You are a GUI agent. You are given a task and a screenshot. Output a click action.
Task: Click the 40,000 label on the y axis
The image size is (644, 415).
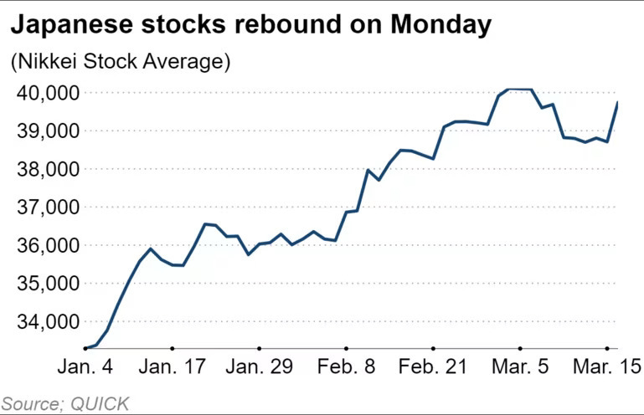coord(44,93)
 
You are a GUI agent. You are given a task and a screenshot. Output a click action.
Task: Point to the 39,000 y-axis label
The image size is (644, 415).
coord(44,131)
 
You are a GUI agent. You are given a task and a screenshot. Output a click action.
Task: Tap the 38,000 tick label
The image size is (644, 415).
coord(44,169)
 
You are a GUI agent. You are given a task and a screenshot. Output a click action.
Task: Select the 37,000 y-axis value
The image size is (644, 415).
coord(44,207)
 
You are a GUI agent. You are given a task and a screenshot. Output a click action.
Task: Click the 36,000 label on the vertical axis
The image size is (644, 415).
coord(44,245)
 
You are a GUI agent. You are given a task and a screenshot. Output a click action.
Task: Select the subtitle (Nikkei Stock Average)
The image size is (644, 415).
coord(120,61)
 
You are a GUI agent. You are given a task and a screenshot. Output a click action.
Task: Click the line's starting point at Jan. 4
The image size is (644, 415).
coord(86,347)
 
